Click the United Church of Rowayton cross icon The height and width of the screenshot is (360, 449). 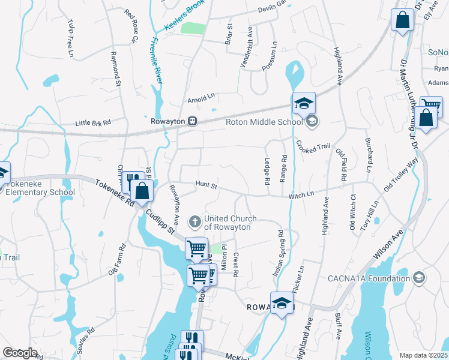click(194, 223)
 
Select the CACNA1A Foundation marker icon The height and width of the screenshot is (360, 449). click(419, 278)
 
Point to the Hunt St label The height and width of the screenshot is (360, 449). click(206, 187)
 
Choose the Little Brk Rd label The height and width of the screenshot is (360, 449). click(93, 123)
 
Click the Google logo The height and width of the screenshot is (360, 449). click(20, 353)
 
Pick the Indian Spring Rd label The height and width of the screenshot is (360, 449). click(278, 253)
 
